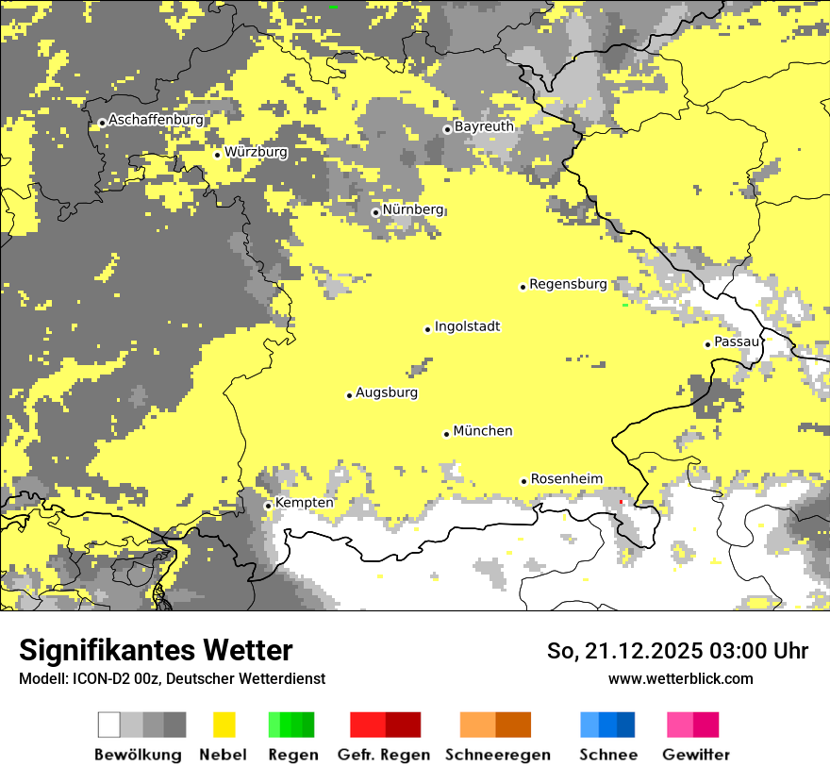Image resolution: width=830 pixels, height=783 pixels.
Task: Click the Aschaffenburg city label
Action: [x=156, y=121]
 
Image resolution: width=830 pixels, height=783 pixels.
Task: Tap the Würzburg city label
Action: [x=256, y=152]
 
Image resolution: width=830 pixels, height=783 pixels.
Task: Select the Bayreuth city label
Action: [x=484, y=126]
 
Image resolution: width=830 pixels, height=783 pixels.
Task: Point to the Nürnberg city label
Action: [x=412, y=209]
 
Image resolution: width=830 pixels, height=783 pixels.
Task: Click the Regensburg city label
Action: [x=568, y=284]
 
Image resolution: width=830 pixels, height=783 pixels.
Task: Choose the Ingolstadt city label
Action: [x=467, y=327]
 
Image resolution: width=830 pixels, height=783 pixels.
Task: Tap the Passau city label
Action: [x=736, y=342]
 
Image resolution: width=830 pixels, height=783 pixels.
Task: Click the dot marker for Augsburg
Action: [x=349, y=395]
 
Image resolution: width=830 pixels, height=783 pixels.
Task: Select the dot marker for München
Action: [x=447, y=434]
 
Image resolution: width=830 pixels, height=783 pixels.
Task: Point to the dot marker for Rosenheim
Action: [x=524, y=481]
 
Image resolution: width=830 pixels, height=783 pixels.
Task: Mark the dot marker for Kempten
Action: [x=268, y=506]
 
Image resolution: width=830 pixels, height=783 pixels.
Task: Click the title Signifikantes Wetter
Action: [x=156, y=651]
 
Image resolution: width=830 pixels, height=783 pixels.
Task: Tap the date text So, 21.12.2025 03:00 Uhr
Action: [x=677, y=652]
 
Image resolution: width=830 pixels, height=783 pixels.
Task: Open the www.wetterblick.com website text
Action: [x=680, y=679]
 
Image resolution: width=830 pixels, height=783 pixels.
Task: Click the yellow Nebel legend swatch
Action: [x=224, y=725]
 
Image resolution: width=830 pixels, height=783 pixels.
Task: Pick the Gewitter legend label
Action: [x=695, y=755]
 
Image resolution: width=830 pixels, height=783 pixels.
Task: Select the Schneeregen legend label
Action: [x=497, y=755]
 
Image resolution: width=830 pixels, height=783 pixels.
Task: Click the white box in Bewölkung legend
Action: [x=109, y=725]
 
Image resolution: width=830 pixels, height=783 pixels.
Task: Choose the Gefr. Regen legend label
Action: [x=383, y=755]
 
